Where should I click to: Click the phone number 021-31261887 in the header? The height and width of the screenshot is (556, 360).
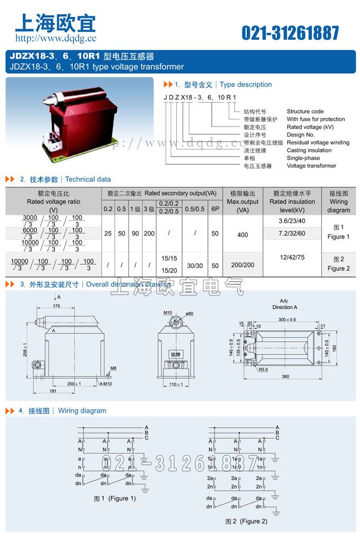coord(290,33)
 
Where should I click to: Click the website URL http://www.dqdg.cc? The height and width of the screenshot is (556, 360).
coord(56,38)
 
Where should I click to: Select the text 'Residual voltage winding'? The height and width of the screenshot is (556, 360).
coord(318,142)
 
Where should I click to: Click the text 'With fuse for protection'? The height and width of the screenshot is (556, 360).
coord(316,119)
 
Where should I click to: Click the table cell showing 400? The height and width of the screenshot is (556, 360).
coord(242,235)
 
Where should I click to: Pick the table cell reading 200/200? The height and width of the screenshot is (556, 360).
coord(242,265)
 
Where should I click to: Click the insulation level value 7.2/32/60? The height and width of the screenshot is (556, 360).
coord(295,234)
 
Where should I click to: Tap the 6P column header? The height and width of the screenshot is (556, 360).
coord(215,209)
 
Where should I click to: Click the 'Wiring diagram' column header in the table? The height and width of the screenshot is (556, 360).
coord(339,202)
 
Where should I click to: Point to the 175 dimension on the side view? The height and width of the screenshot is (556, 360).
coord(57,306)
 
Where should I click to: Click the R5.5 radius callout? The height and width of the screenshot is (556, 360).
coord(264,370)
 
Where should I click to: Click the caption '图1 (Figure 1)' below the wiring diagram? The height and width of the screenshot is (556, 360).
coord(114,498)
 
